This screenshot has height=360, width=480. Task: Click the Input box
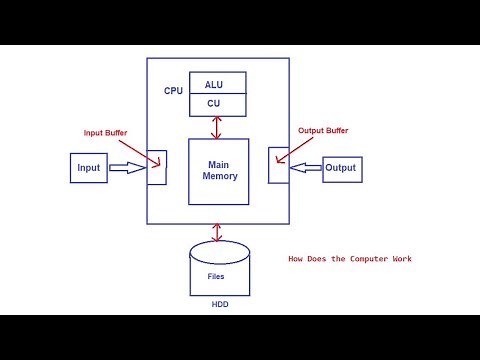pos(89,168)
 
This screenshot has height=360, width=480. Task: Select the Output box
pos(341,168)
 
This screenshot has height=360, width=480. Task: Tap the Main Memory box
pos(219,171)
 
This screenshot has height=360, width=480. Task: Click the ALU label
pos(214,85)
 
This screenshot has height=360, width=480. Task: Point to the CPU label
pos(173,91)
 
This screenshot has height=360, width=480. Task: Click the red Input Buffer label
pos(106,132)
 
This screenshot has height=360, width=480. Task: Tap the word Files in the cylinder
pos(216,275)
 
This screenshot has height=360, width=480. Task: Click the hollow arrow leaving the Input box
pos(126,168)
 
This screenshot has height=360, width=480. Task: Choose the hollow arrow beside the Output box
pos(304,168)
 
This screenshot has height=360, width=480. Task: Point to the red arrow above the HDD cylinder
pos(217,232)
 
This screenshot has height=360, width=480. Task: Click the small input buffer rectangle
pos(156,167)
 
